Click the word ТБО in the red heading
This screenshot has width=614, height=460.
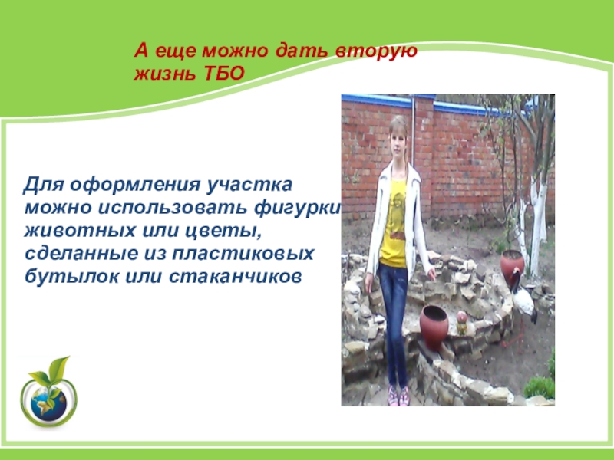click(224, 73)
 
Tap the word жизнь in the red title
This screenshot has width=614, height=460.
click(167, 73)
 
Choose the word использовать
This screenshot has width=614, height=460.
click(172, 207)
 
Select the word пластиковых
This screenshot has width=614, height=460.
click(243, 254)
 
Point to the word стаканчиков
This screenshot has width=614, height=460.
click(236, 277)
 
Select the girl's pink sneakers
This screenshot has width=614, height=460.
click(398, 396)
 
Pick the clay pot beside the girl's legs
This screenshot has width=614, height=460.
click(434, 327)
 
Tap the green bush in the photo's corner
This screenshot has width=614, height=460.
click(540, 386)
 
